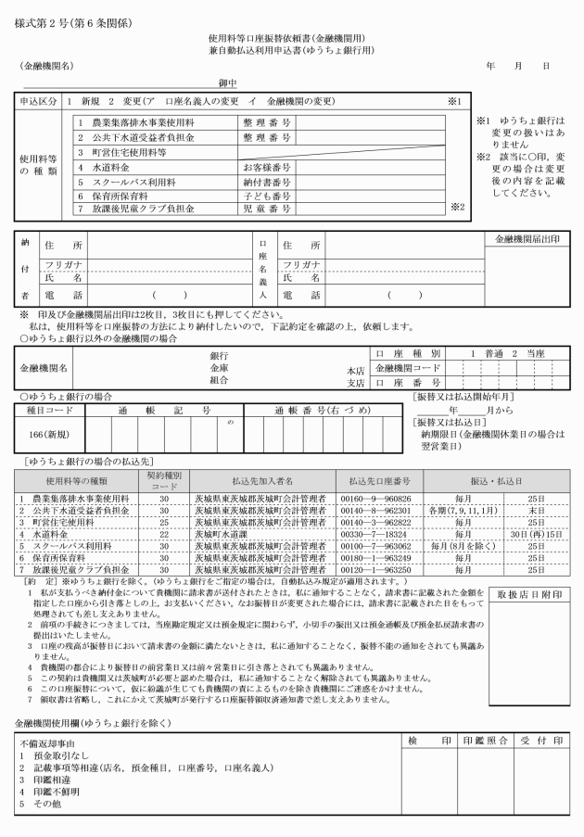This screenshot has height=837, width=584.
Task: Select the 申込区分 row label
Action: tap(40, 99)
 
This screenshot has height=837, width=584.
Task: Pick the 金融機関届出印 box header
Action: tap(528, 239)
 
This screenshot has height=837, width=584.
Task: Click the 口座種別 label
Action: tap(409, 353)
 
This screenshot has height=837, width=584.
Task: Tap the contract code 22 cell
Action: tap(163, 534)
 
